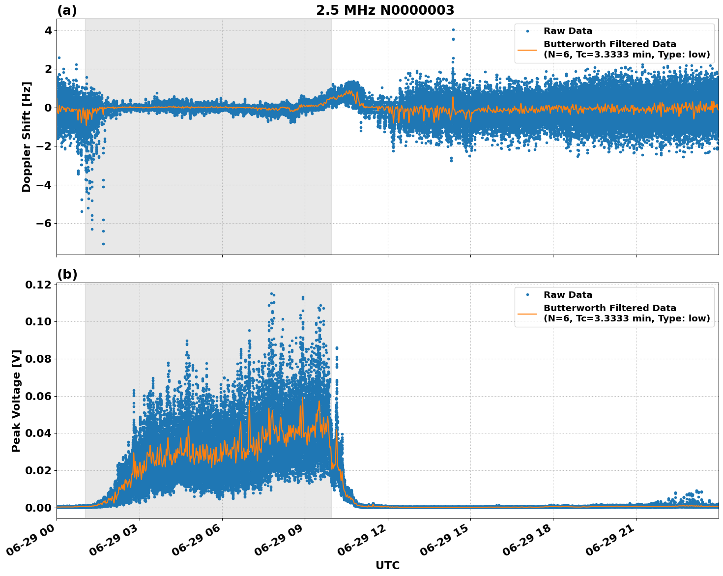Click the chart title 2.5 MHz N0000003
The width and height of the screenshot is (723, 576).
pos(385,10)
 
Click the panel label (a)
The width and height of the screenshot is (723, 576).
pos(67,10)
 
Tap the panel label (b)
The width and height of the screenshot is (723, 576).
pos(67,274)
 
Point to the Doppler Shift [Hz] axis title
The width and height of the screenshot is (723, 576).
pos(27,137)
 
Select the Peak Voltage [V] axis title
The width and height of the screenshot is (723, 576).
pos(16,401)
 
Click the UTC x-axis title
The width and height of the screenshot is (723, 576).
pos(387,565)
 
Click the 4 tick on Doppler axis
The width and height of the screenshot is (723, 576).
pos(48,30)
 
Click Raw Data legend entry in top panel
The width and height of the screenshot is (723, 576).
pos(568,31)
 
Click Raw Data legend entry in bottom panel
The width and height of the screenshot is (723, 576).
pos(568,295)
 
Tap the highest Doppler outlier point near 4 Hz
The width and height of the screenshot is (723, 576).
pos(453,29)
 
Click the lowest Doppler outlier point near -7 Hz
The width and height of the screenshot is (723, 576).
pos(103,244)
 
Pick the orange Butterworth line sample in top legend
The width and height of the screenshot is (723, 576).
pos(527,49)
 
